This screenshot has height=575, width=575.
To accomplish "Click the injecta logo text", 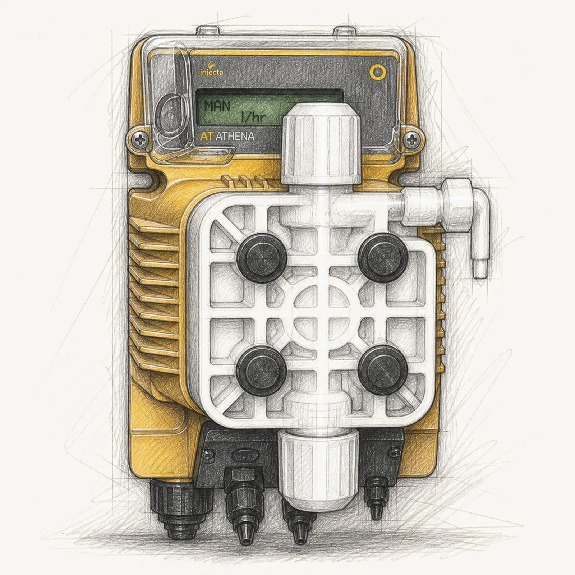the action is pos(211,72).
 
